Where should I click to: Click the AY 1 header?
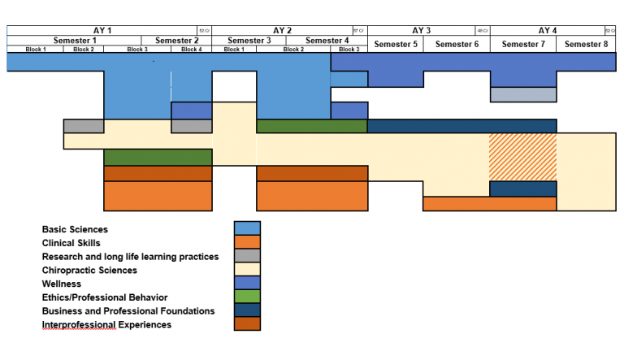(x=103, y=30)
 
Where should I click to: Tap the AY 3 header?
(x=422, y=30)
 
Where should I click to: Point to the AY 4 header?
(x=548, y=30)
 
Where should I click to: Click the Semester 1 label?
(x=75, y=41)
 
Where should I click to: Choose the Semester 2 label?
(x=177, y=41)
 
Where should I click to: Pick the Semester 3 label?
(x=249, y=41)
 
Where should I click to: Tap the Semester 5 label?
(x=396, y=44)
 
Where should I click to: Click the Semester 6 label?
(x=457, y=44)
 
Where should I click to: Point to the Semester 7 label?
(x=523, y=44)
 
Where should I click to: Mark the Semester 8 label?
(x=586, y=44)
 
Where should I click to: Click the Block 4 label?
(x=192, y=50)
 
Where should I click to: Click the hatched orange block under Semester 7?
(x=522, y=157)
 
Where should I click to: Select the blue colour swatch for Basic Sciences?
(x=246, y=228)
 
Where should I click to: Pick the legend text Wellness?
(x=62, y=284)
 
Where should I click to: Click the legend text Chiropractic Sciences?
(x=89, y=270)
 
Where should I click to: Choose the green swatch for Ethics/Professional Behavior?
(x=246, y=297)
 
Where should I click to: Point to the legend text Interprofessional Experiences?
(x=106, y=325)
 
